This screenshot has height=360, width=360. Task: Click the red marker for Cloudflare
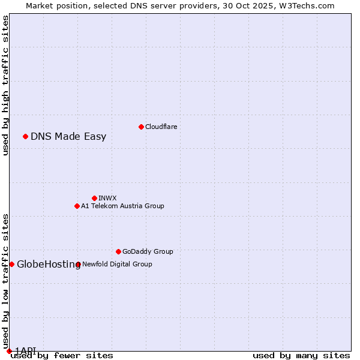(x=141, y=127)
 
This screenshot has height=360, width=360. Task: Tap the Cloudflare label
(x=161, y=127)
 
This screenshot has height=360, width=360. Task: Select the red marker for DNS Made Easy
(x=25, y=136)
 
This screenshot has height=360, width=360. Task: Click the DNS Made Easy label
(x=68, y=136)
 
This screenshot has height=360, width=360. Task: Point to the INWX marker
(x=94, y=198)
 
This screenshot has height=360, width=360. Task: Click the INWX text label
(x=107, y=198)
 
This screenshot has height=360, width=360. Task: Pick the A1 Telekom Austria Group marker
(x=77, y=206)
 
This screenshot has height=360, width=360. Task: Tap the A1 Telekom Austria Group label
(x=122, y=206)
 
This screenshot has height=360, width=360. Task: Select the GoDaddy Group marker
(x=118, y=251)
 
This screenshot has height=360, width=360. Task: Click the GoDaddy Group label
(x=148, y=251)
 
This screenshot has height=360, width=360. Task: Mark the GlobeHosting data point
(x=11, y=264)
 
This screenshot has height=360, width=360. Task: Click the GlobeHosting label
(x=48, y=264)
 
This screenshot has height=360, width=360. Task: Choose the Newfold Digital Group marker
(x=78, y=264)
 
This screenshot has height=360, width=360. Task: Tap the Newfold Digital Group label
(x=117, y=264)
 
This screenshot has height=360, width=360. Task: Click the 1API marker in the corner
(x=9, y=351)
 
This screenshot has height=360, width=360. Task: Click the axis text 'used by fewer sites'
(x=62, y=356)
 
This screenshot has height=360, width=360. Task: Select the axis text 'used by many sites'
(x=301, y=356)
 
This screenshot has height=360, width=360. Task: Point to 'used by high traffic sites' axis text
(x=5, y=85)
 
